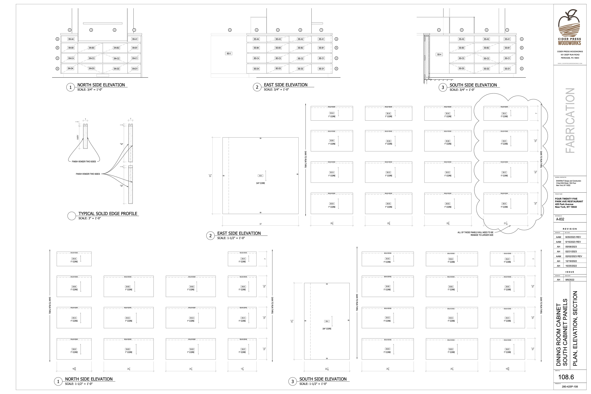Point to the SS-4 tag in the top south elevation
(x=439, y=54)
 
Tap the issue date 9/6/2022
(x=570, y=280)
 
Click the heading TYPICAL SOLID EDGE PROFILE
(x=108, y=214)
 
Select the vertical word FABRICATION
(x=570, y=121)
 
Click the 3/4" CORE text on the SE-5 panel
(x=260, y=183)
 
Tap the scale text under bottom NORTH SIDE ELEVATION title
(x=79, y=384)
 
